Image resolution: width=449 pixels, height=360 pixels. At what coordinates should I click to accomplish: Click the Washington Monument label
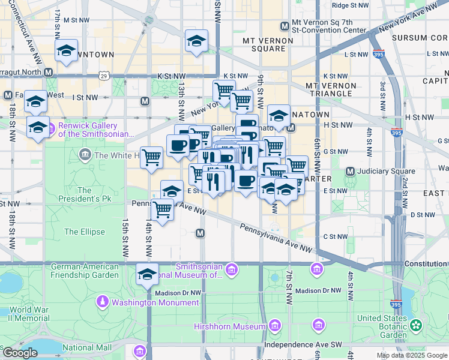coord(146,303)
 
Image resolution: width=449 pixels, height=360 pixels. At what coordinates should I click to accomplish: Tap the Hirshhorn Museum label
coord(229,326)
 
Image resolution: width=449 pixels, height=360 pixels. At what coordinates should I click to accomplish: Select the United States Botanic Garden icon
coord(415,326)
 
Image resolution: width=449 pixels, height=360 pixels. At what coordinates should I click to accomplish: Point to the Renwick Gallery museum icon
coord(52,127)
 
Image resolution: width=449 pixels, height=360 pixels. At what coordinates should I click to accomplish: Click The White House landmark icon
coord(86,155)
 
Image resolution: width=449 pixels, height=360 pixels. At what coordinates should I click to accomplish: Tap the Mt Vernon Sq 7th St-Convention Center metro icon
coord(285,26)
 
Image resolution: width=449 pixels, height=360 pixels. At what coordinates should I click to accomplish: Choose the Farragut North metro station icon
coord(49,72)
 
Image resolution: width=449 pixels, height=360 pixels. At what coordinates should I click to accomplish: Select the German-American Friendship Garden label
coord(85,271)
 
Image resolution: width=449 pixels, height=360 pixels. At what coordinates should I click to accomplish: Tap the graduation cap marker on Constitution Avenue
coord(147,275)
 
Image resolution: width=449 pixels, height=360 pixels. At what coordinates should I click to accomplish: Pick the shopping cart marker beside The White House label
coord(152,158)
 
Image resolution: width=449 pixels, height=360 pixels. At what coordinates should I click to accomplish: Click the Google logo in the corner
coord(19,352)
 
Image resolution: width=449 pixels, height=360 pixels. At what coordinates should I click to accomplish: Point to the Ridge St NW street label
coord(350,5)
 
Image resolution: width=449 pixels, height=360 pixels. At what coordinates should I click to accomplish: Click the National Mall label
coord(87,347)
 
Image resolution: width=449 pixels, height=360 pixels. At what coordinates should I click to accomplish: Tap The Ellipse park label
coord(85,232)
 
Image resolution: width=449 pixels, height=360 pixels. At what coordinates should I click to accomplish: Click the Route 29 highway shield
coord(104,77)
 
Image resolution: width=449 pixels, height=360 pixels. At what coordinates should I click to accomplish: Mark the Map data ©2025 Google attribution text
coord(412,355)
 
